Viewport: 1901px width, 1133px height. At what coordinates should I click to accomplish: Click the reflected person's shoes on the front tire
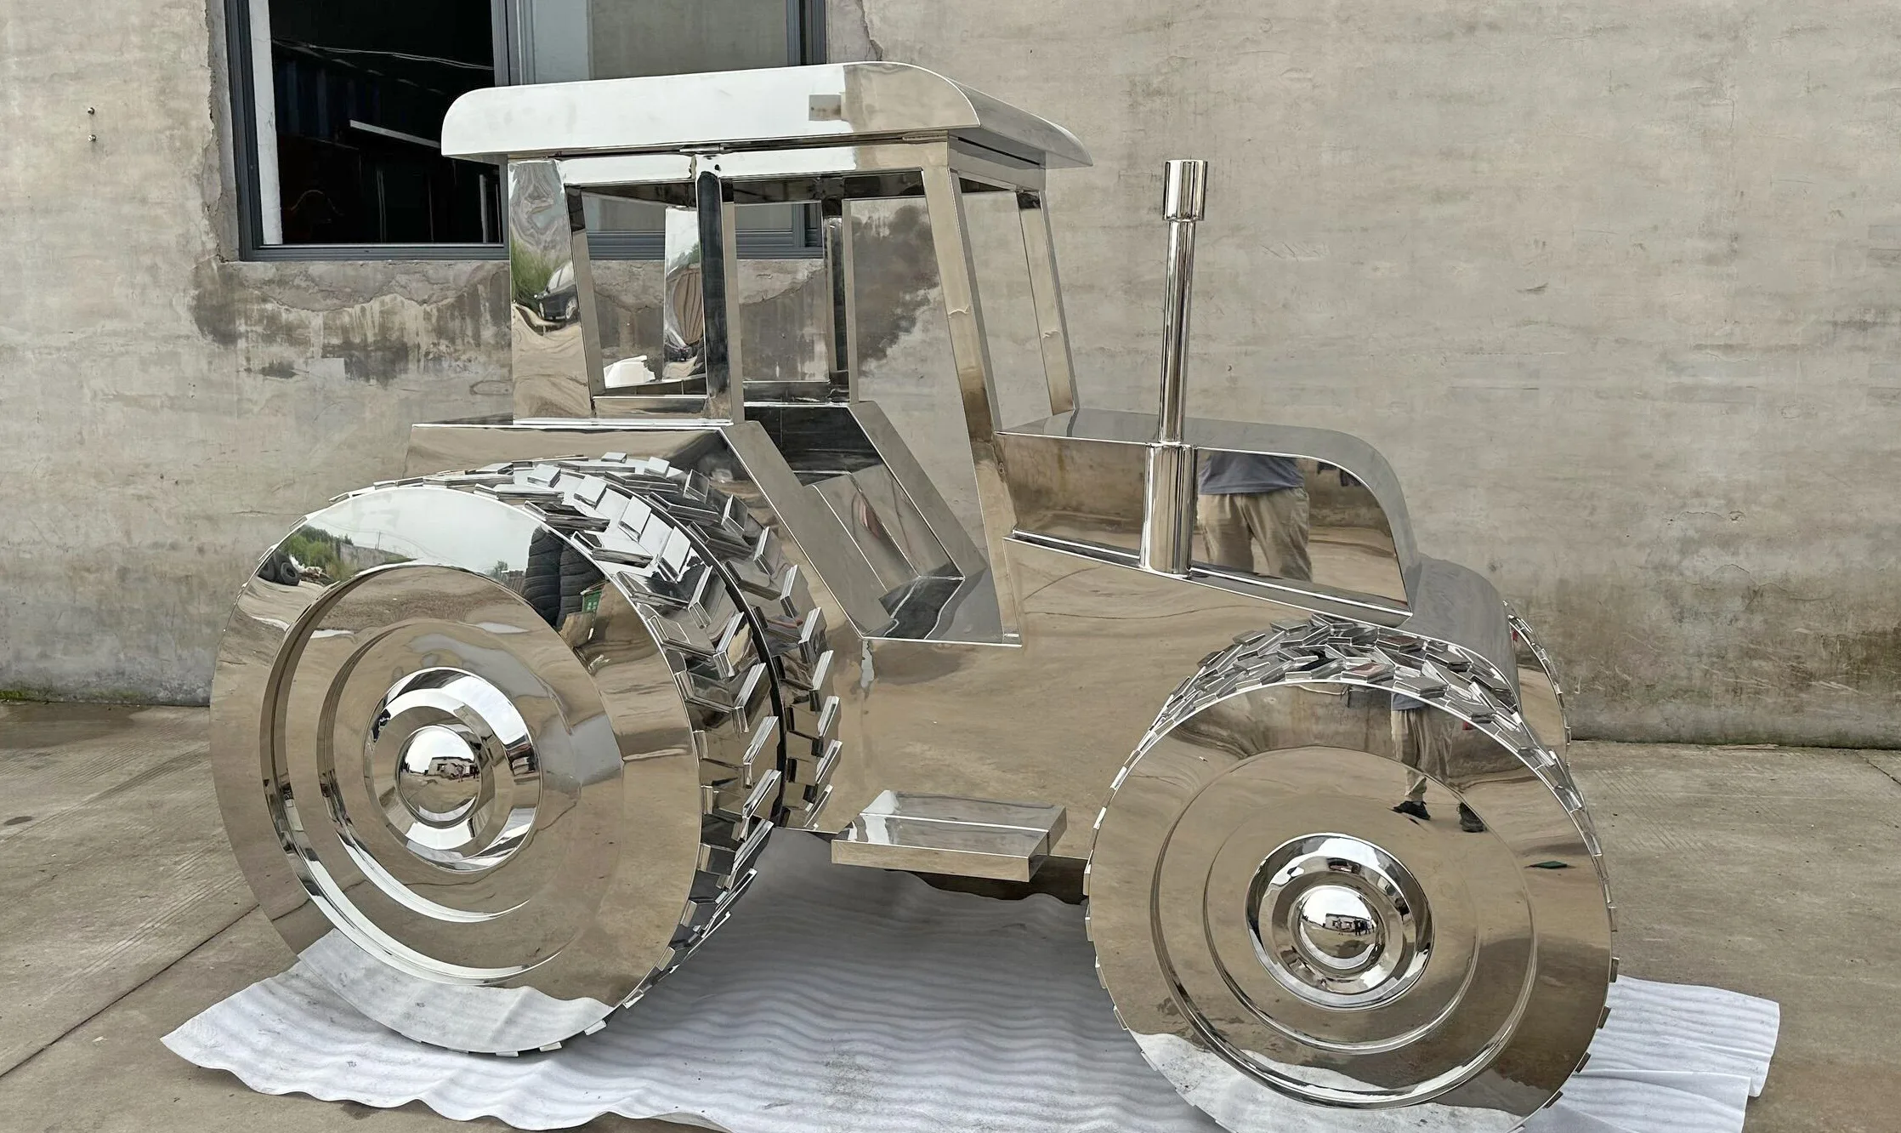coord(1437,812)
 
